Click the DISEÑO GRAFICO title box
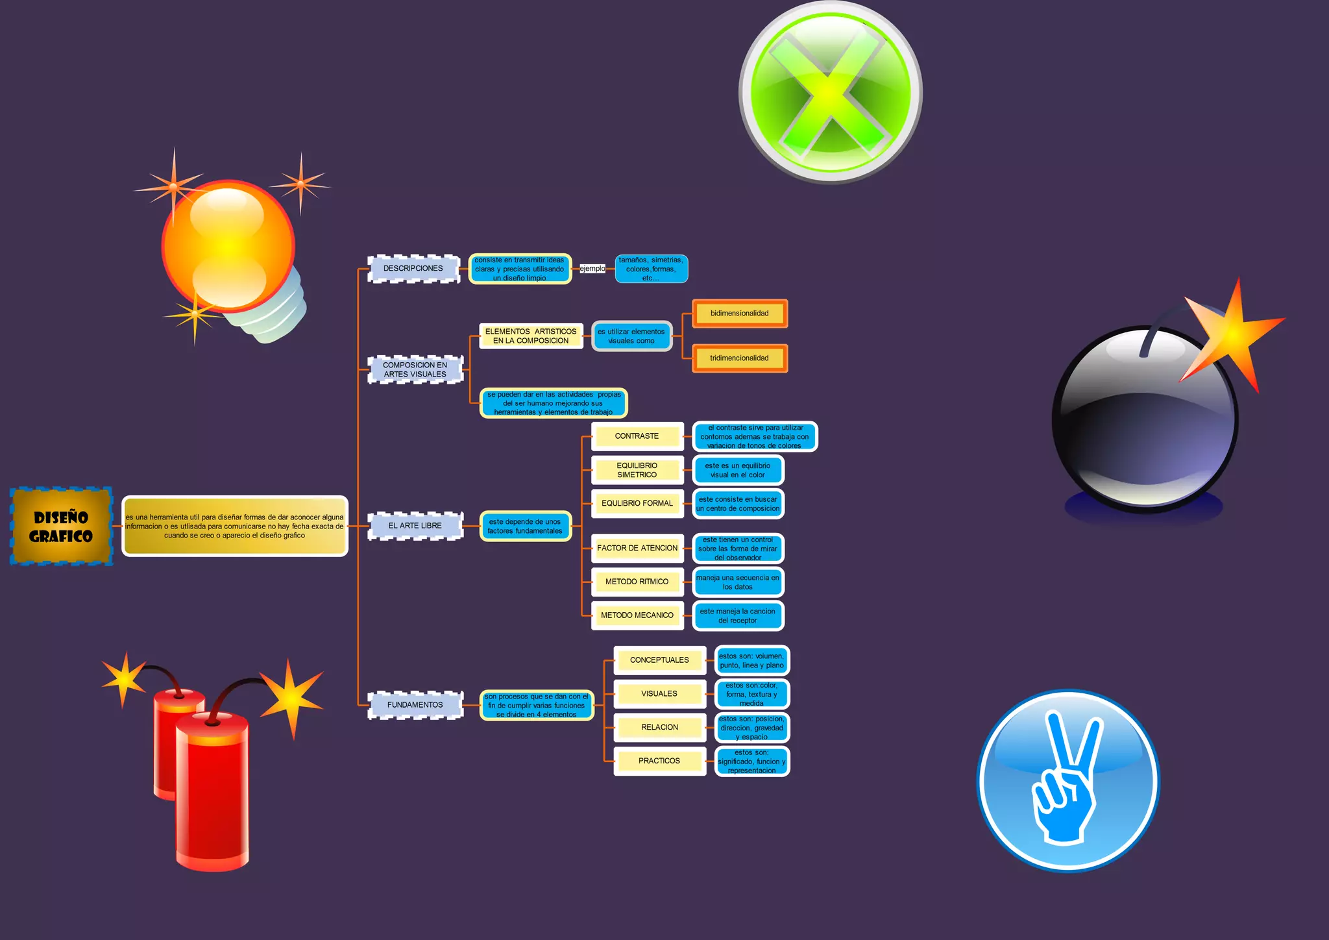pos(61,526)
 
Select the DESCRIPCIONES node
pos(413,268)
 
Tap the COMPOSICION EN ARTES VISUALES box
pos(415,369)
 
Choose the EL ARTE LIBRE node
pos(415,526)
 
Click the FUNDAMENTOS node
pos(415,704)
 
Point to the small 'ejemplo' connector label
pos(592,268)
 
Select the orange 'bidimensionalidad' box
pos(739,314)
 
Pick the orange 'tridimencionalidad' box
pos(739,358)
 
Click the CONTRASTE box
pos(637,436)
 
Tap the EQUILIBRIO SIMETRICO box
pos(637,470)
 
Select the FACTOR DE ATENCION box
pos(637,548)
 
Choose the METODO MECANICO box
pos(637,615)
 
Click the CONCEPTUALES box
pos(659,660)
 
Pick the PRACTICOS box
pos(659,761)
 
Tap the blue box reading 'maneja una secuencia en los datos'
pos(738,582)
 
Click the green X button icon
pos(830,92)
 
